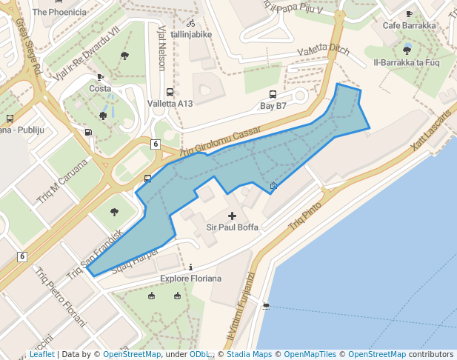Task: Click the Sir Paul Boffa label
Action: [232, 227]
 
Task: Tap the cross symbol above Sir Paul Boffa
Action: [232, 216]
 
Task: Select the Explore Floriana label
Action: [191, 279]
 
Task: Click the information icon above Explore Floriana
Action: [191, 267]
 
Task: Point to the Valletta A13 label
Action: [170, 104]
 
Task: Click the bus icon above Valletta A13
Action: [170, 93]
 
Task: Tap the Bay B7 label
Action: [273, 106]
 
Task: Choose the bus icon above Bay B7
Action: [273, 95]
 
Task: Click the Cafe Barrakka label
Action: [409, 25]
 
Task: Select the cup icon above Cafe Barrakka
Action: [409, 14]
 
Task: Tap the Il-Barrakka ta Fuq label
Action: [407, 62]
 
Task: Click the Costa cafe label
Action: [100, 88]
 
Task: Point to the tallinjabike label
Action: [191, 34]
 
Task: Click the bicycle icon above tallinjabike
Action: [191, 23]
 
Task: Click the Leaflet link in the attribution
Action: [41, 355]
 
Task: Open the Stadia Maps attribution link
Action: [247, 355]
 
